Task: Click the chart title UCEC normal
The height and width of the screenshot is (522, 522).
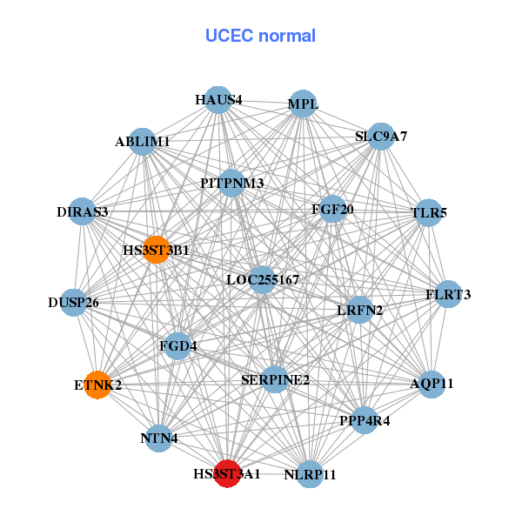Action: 260,36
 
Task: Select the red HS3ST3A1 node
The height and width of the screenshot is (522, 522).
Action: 227,474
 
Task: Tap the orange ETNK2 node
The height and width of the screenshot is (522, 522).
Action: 97,385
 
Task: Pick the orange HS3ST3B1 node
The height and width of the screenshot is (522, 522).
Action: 156,250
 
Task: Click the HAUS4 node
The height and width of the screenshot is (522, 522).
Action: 219,100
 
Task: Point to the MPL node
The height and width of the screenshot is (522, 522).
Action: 303,104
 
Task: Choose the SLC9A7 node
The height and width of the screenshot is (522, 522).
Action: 381,137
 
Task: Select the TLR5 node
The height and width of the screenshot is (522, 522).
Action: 427,212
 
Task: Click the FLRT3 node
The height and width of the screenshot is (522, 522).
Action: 448,295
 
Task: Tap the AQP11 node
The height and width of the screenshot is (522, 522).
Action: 432,384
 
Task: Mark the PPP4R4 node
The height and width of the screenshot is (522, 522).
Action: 365,421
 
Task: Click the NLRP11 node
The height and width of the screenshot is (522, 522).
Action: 310,475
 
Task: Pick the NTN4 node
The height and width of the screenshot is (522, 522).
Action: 159,438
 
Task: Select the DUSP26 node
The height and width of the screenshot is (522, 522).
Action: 74,303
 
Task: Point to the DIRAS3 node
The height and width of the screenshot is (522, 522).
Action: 83,212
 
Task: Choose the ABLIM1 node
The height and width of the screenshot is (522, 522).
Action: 143,141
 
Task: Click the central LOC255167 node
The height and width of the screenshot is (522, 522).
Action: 263,280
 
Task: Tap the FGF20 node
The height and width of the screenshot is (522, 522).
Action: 332,210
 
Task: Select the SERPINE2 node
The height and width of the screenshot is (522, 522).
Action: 275,379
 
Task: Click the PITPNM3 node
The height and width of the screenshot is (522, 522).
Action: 231,183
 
